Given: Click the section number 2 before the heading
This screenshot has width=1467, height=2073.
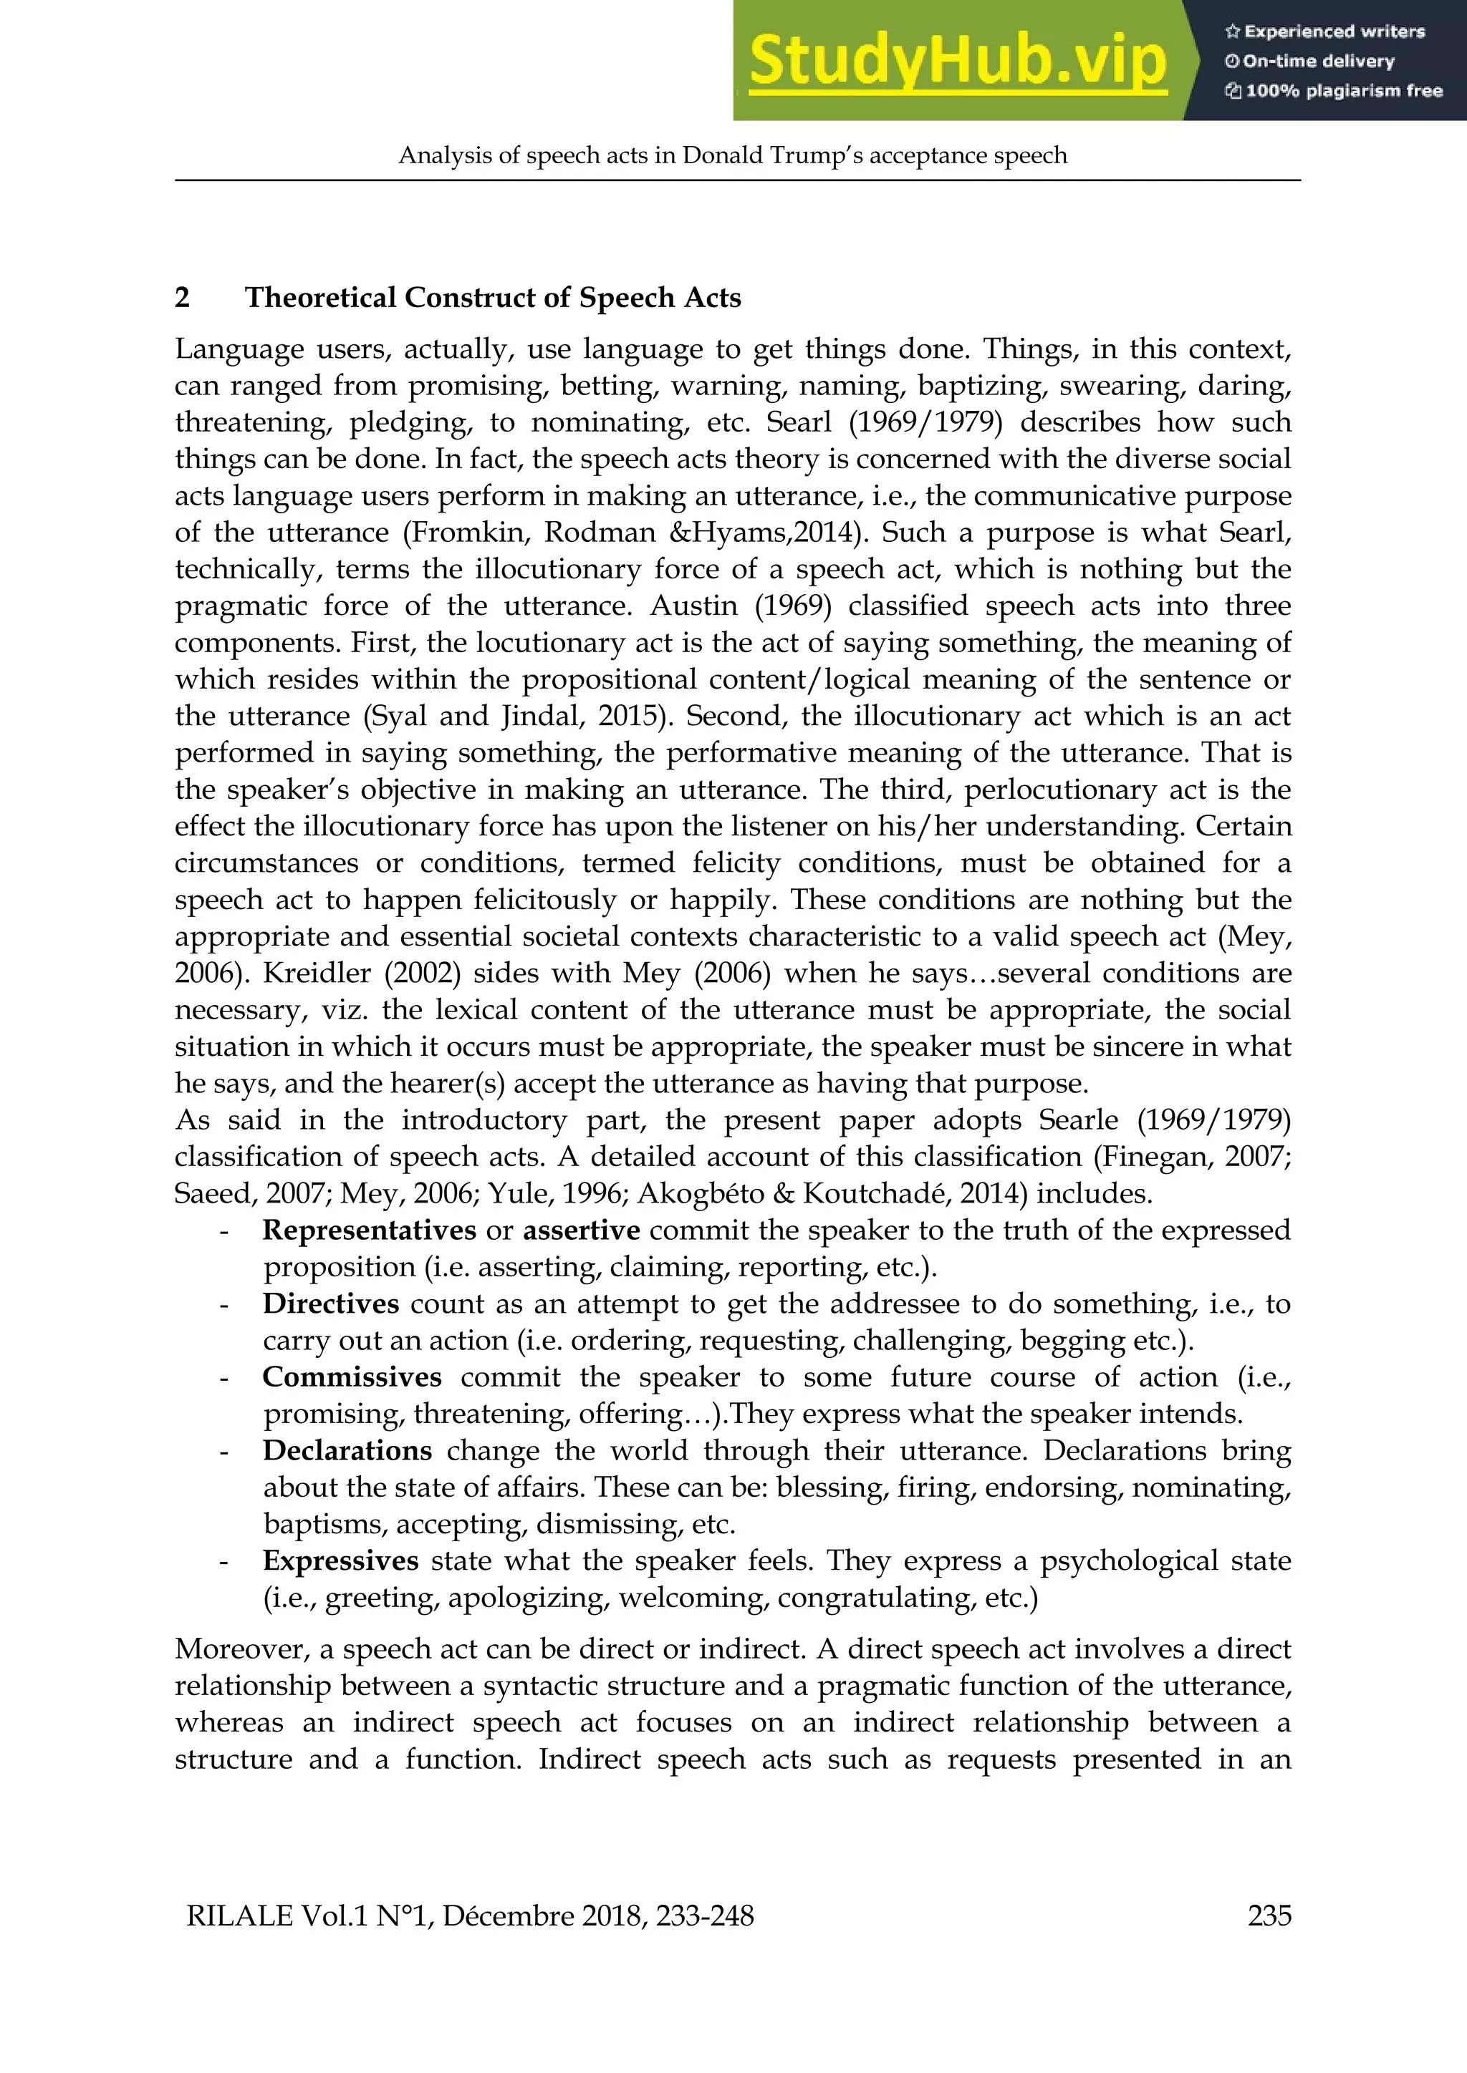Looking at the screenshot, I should pyautogui.click(x=181, y=298).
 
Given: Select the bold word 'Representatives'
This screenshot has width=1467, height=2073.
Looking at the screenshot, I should pyautogui.click(x=369, y=1230).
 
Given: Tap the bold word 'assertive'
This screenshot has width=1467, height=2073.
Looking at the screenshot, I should pyautogui.click(x=581, y=1230).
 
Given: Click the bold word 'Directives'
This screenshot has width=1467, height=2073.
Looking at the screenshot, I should pyautogui.click(x=331, y=1303).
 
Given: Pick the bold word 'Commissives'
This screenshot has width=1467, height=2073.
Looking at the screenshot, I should pyautogui.click(x=352, y=1378).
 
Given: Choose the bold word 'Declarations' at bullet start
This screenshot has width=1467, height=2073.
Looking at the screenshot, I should pyautogui.click(x=347, y=1451).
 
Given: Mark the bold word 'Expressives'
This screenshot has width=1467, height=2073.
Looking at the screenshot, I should pyautogui.click(x=340, y=1561).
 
